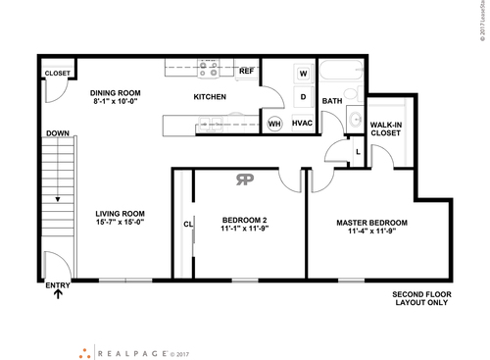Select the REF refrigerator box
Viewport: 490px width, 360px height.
pos(246,72)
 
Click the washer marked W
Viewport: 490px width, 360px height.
pos(303,74)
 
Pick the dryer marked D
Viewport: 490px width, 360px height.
pos(303,97)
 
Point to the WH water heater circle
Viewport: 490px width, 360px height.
pos(274,124)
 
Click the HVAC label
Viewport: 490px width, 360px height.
pos(302,124)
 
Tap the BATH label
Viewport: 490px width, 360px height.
pos(332,101)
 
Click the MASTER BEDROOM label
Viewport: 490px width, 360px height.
pos(371,223)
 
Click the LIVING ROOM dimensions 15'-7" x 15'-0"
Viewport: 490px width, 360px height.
pos(120,222)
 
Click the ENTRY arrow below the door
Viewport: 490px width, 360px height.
pos(58,293)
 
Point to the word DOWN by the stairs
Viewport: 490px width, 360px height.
pos(56,133)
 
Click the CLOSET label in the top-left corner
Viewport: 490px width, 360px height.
pos(56,74)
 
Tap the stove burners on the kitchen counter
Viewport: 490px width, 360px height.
pos(209,69)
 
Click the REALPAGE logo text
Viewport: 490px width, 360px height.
pos(130,350)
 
